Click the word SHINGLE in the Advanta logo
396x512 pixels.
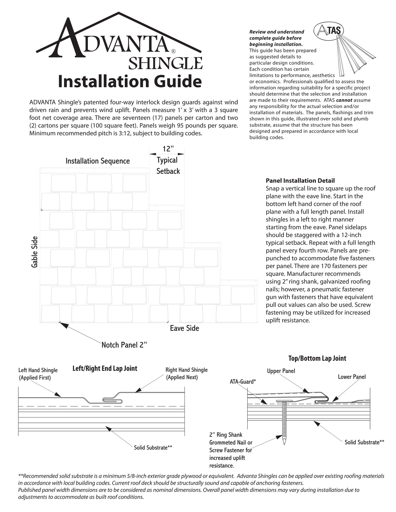pyautogui.click(x=165, y=63)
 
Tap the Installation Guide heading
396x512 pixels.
pyautogui.click(x=130, y=82)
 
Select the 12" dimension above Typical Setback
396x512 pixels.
pyautogui.click(x=168, y=149)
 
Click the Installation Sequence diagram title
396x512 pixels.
pyautogui.click(x=97, y=161)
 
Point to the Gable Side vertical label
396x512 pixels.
pyautogui.click(x=34, y=252)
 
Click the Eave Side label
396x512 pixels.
pyautogui.click(x=184, y=328)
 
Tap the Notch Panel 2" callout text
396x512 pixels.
pyautogui.click(x=124, y=345)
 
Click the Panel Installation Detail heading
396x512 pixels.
pyautogui.click(x=300, y=181)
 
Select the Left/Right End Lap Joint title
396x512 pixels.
pyautogui.click(x=105, y=369)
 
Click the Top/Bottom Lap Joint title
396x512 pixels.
pyautogui.click(x=317, y=358)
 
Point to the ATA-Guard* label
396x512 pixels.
pyautogui.click(x=243, y=382)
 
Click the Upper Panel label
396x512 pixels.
pyautogui.click(x=281, y=371)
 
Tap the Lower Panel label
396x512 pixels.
pyautogui.click(x=352, y=377)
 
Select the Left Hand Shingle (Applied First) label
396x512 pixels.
pyautogui.click(x=38, y=374)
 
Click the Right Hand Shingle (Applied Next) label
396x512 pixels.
pyautogui.click(x=186, y=374)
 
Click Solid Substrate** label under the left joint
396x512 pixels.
pyautogui.click(x=153, y=448)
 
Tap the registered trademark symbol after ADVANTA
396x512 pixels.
pyautogui.click(x=173, y=51)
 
